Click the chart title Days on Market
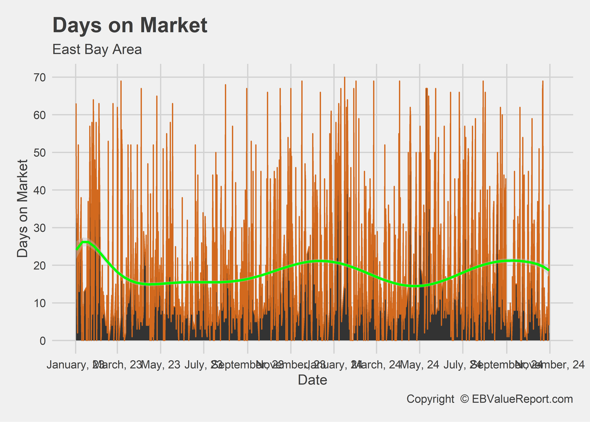(130, 25)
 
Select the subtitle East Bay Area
(97, 49)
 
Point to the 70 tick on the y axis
(39, 77)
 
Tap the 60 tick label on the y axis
(39, 115)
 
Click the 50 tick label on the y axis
(39, 152)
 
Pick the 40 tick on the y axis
(39, 190)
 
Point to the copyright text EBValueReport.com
(522, 399)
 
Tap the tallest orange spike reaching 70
(345, 78)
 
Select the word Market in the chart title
(174, 25)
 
